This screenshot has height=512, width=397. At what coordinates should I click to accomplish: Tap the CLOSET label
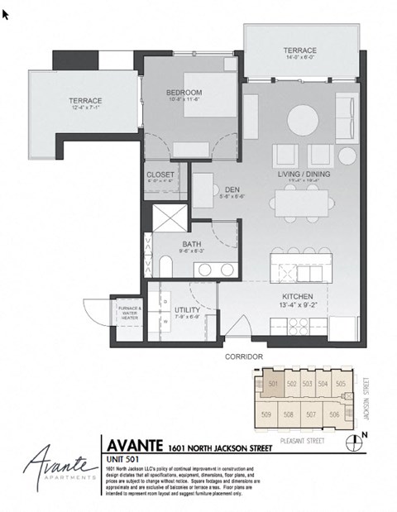[160, 175]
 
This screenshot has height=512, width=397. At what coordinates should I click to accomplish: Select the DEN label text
[232, 189]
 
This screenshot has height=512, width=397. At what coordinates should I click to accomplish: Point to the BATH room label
[191, 243]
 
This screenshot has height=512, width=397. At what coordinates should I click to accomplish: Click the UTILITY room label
[187, 309]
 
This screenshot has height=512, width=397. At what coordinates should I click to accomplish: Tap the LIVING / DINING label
[304, 175]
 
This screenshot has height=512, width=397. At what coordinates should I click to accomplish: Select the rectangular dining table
[303, 201]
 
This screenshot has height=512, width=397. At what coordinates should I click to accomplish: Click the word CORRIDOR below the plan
[244, 356]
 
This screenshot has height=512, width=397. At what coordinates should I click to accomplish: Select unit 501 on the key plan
[274, 384]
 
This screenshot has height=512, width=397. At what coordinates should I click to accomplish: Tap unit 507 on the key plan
[311, 414]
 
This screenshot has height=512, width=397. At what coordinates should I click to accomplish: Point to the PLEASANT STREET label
[303, 441]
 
